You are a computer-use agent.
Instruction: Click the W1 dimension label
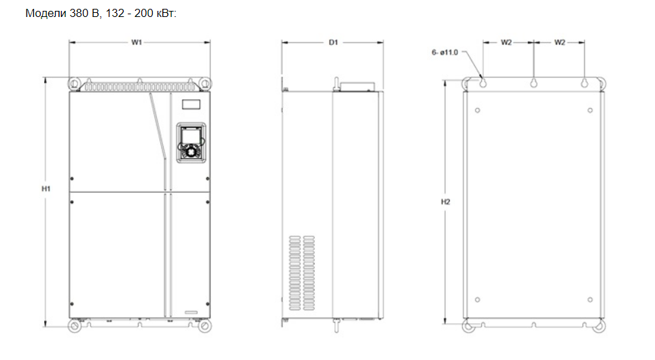(x=137, y=42)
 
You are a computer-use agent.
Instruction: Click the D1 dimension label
(x=333, y=42)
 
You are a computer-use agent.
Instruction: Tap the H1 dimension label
(x=46, y=189)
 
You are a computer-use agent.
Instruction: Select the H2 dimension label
(x=446, y=202)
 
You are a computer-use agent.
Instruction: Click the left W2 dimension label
(x=506, y=42)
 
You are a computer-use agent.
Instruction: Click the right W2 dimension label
(x=560, y=42)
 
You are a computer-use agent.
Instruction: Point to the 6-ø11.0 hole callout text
(x=445, y=52)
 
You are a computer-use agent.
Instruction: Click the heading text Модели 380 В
(x=63, y=14)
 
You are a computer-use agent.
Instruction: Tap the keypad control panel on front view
(x=192, y=143)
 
